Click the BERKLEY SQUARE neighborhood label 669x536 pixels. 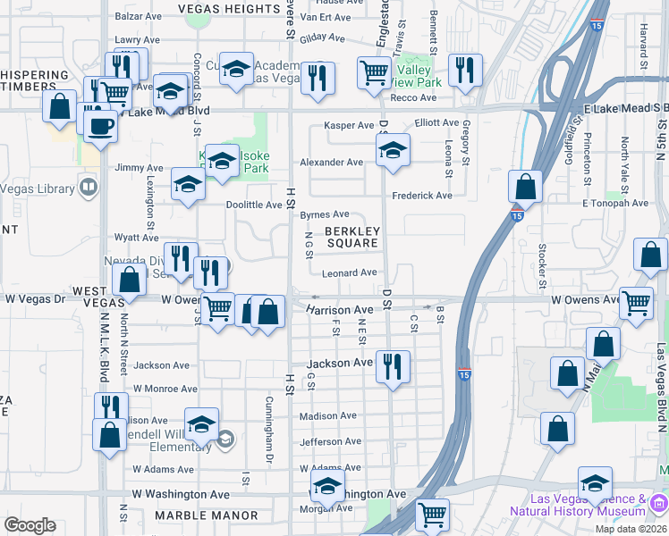(353, 237)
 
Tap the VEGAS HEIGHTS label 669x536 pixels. (229, 9)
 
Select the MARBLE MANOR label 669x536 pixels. (206, 515)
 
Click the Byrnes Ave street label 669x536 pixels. (324, 214)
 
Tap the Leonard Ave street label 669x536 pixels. (350, 272)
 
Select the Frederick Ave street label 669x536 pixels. (421, 196)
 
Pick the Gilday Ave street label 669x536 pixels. (322, 38)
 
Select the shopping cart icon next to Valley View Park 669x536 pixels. (374, 72)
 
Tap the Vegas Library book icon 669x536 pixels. (88, 187)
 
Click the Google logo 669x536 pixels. (30, 525)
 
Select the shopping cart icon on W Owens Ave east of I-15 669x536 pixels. (636, 303)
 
